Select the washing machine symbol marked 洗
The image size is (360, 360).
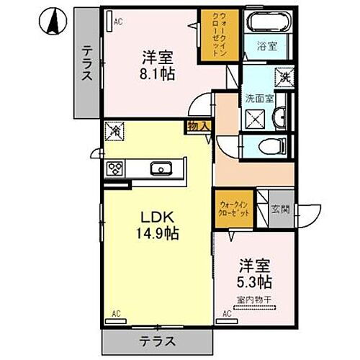tap(284, 76)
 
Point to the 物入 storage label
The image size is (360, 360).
tap(199, 126)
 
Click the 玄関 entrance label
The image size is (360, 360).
tap(280, 210)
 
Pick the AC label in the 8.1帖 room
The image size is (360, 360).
tap(119, 22)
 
